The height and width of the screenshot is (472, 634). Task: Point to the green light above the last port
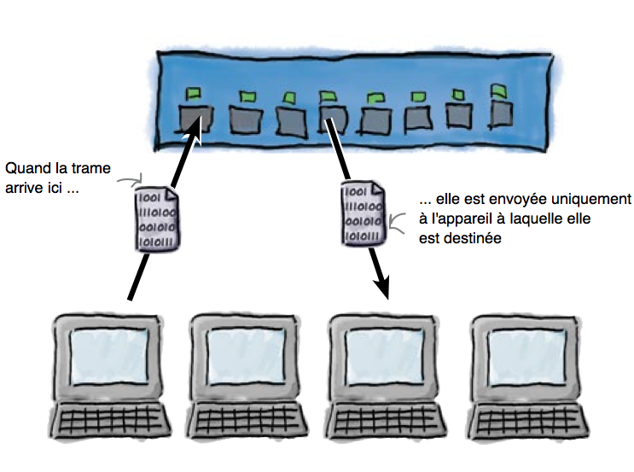coord(498,89)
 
